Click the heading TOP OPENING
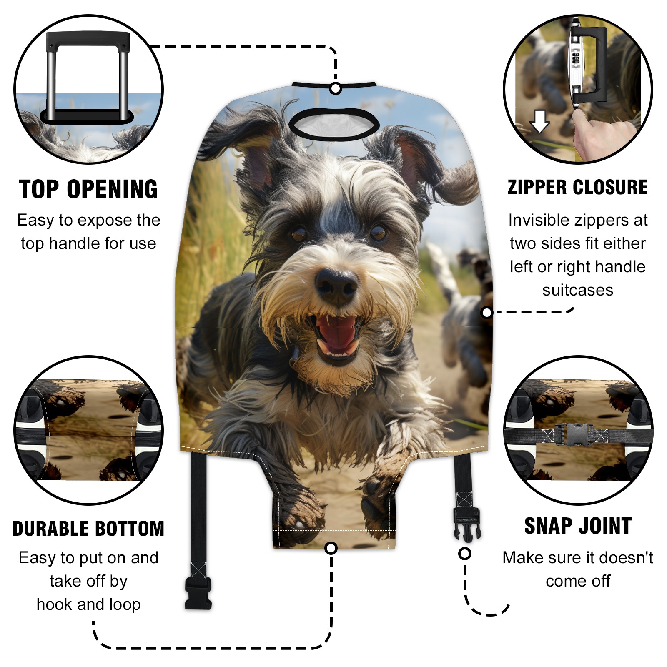click(x=88, y=189)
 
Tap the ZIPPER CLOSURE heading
click(x=578, y=188)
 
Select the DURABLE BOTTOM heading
click(x=88, y=529)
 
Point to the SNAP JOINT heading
click(x=578, y=526)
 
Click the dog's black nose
click(x=336, y=286)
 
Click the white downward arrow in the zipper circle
click(x=539, y=121)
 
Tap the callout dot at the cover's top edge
click(x=336, y=89)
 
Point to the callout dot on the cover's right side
click(x=486, y=312)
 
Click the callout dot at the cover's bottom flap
click(x=331, y=548)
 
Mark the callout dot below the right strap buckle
click(x=465, y=554)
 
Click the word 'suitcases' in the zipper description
click(x=578, y=290)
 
